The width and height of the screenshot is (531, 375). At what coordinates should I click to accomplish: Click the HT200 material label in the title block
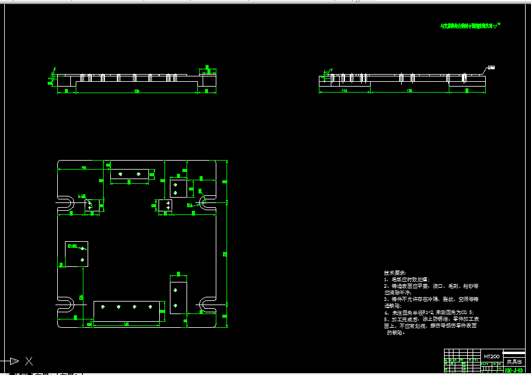point(492,356)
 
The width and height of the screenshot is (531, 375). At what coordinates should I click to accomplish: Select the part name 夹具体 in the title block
point(514,361)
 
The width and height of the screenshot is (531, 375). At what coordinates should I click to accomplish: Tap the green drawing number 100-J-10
point(514,370)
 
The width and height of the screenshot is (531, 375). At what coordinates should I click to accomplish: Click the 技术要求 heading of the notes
point(394,272)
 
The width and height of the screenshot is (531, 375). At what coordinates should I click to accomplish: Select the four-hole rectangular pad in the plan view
point(126,311)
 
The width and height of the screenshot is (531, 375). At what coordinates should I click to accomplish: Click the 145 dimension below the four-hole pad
point(126,324)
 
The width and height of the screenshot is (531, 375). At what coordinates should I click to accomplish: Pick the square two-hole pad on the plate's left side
point(76,254)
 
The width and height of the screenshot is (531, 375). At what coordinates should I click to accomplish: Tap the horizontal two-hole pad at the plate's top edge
point(129,174)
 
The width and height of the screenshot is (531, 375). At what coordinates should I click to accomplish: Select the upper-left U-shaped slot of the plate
point(66,204)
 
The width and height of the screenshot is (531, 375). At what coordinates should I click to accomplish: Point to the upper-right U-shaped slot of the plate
point(208,203)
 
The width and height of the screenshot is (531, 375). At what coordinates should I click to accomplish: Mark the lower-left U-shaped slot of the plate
point(66,305)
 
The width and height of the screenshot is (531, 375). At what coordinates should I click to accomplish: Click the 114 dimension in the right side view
point(344,90)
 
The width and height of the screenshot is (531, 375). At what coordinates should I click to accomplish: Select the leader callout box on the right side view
point(491,67)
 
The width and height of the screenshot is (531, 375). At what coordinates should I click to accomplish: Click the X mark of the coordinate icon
point(29,361)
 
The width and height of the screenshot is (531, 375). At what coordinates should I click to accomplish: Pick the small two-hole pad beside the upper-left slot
point(91,204)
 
